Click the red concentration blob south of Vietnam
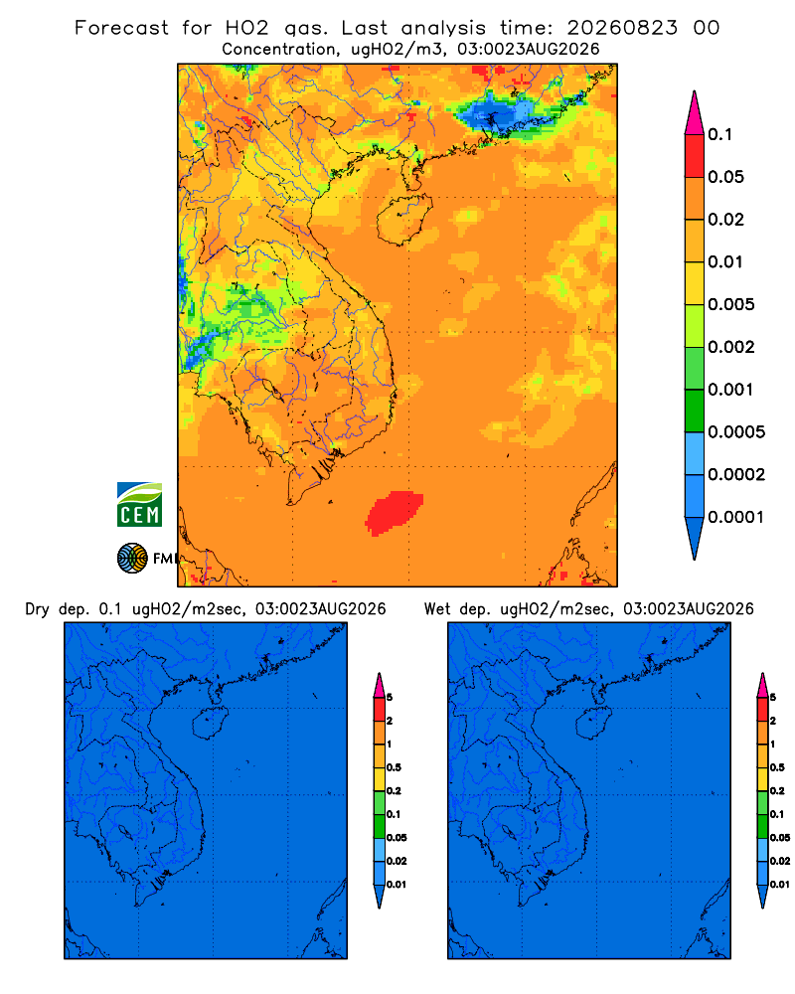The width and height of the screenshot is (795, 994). tap(395, 512)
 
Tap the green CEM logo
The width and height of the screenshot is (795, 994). tap(139, 505)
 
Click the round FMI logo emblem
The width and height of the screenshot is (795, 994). tap(132, 558)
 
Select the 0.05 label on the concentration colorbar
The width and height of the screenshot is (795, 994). tap(725, 177)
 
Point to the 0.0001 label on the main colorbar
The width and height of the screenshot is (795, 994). tap(736, 517)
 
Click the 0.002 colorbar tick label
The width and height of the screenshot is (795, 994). tap(731, 347)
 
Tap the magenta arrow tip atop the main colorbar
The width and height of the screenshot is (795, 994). tap(695, 112)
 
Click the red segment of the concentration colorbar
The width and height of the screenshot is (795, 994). tap(695, 156)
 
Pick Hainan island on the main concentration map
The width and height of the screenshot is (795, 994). tap(403, 220)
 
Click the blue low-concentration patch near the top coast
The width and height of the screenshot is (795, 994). tap(501, 114)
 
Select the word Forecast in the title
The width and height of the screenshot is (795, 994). tap(121, 28)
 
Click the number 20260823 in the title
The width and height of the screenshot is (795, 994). tap(622, 28)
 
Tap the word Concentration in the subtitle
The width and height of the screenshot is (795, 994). tap(279, 50)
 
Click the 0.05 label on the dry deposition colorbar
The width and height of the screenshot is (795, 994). tap(397, 837)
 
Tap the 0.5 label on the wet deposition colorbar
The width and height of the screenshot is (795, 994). tap(777, 767)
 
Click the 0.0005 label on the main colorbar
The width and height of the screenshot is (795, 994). tap(736, 432)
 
